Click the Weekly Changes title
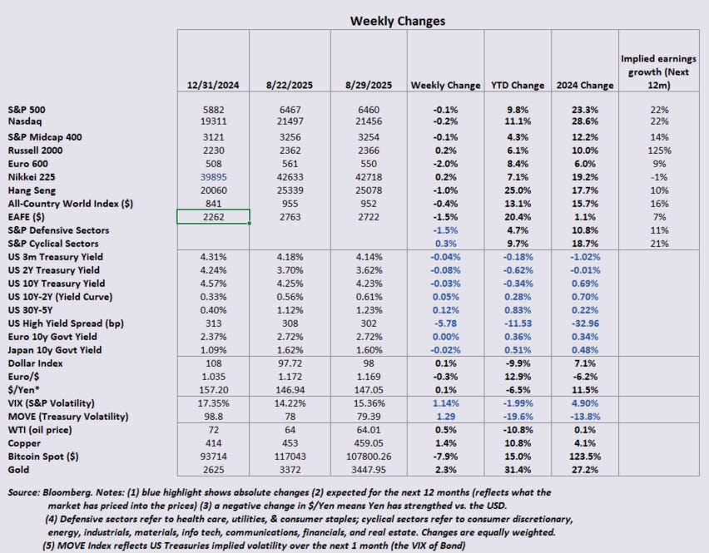397,20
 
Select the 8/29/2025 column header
369,85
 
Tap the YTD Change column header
517,85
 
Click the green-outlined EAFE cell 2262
214,216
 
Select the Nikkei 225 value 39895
214,175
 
